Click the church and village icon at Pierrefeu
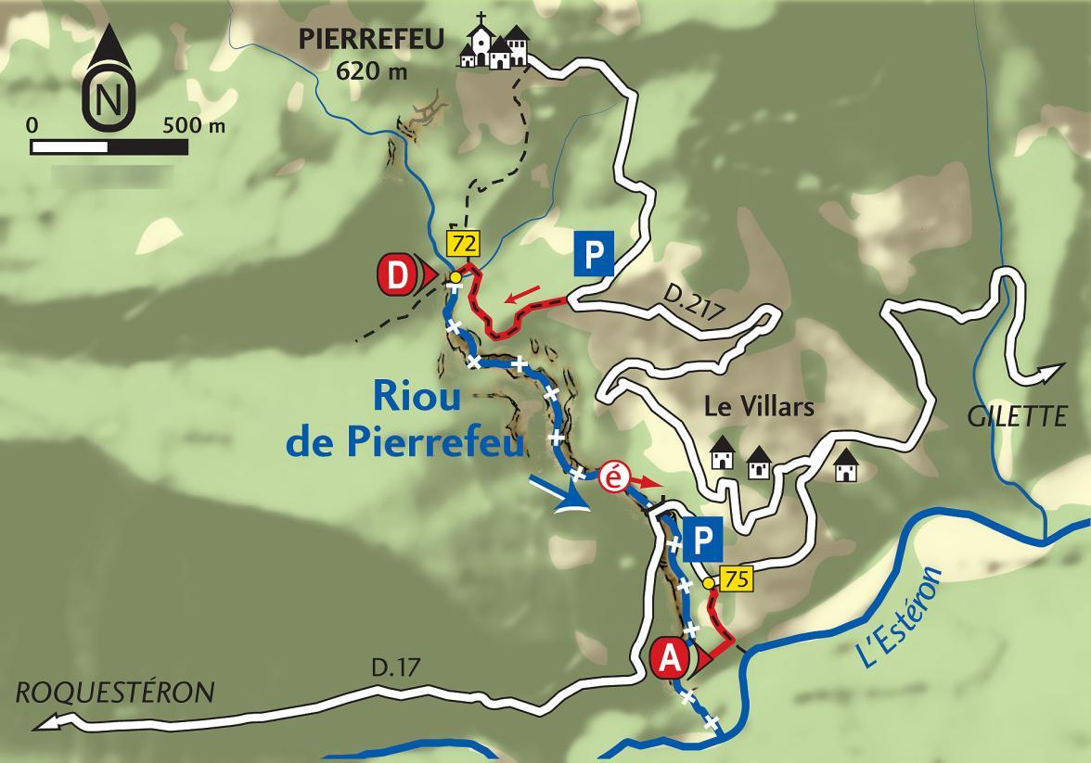pos(494,44)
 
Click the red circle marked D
pos(396,275)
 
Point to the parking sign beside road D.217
pos(593,254)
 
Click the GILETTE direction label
pos(1017,415)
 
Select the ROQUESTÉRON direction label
pos(114,693)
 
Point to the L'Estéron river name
pos(898,617)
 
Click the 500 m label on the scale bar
pos(193,125)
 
